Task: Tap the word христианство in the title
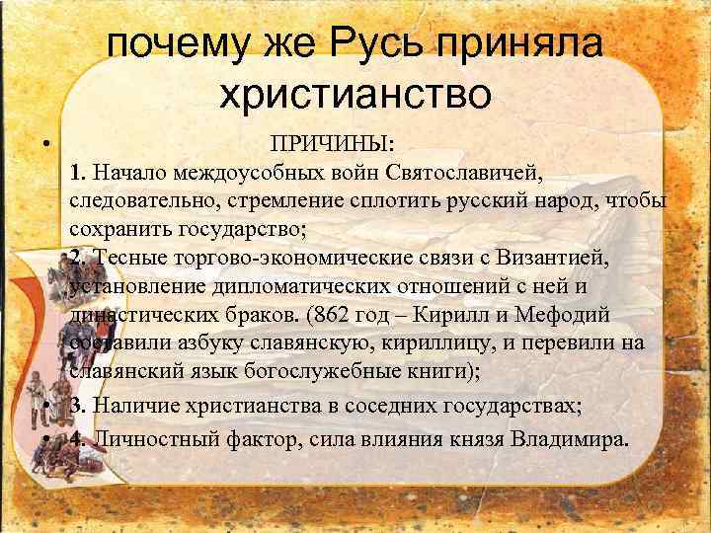click(x=355, y=95)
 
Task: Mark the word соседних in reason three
click(x=421, y=408)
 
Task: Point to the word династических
click(x=149, y=315)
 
